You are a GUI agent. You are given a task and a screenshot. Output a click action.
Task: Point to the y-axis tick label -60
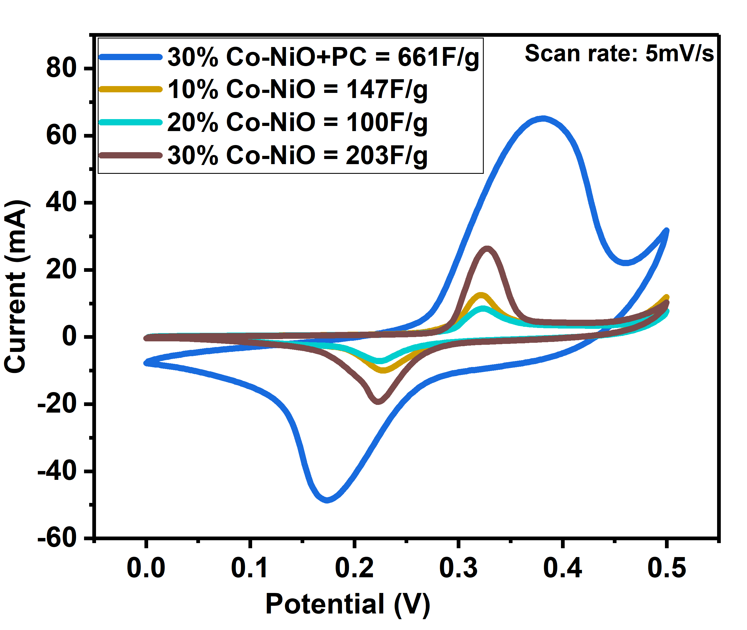57,538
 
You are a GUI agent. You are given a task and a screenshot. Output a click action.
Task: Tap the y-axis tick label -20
57,404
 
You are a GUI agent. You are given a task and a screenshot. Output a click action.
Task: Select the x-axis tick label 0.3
458,568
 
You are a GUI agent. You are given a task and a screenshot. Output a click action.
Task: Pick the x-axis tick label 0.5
667,568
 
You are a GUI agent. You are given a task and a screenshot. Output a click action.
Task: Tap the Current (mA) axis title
15,287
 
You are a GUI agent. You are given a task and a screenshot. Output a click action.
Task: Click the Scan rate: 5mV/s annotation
619,53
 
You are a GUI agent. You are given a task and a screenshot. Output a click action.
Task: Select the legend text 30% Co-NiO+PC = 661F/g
323,57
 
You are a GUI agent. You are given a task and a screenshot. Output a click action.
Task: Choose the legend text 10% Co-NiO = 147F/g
297,89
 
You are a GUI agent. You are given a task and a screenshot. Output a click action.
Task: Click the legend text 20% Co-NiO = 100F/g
297,122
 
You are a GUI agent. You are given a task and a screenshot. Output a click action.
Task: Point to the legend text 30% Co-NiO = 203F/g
297,155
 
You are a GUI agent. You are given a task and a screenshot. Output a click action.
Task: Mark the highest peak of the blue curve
543,119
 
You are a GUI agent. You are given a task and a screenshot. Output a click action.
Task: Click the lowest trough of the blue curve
327,500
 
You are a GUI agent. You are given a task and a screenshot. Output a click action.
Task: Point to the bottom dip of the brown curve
378,401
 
